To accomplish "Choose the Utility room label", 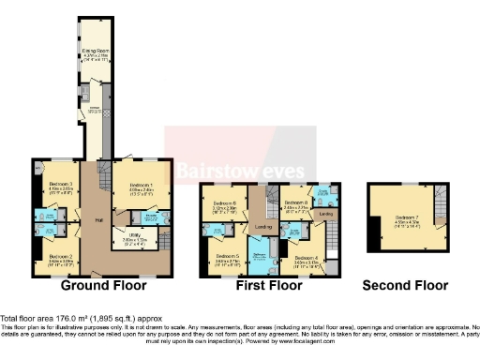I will click(x=126, y=237).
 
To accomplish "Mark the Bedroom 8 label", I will click(x=296, y=202).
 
